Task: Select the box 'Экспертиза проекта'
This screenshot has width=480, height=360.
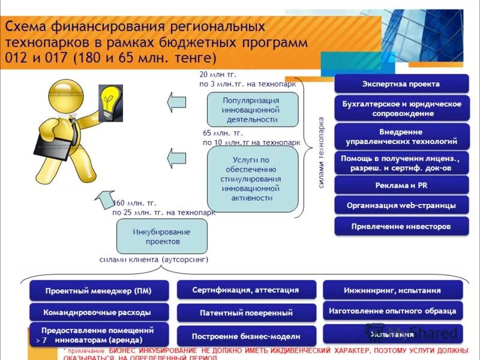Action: tap(401, 83)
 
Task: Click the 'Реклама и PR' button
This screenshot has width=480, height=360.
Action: tap(401, 185)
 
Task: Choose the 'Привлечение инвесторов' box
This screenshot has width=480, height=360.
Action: tap(401, 227)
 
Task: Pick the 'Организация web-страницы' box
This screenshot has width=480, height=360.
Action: tap(401, 206)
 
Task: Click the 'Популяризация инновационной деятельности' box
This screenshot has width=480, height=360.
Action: tap(252, 110)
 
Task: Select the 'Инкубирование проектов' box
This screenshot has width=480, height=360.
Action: tap(161, 236)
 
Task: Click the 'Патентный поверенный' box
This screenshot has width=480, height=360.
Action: tap(246, 313)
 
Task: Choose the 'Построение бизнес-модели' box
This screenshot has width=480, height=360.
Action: tap(246, 336)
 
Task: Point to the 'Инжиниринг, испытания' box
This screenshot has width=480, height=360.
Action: tap(392, 290)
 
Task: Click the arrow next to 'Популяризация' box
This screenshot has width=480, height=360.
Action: tap(177, 101)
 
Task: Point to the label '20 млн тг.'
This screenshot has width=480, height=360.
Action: tap(217, 74)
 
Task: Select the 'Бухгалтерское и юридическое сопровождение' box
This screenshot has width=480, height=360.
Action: tap(401, 109)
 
